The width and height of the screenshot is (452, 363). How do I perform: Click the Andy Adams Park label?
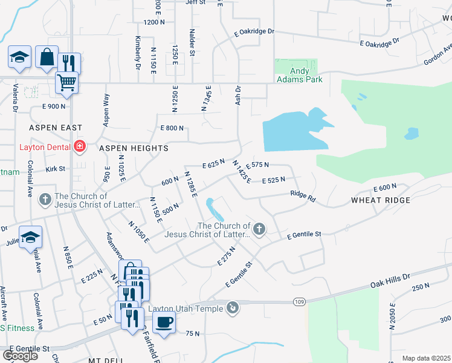(299, 74)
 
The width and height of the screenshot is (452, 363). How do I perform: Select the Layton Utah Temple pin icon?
(232, 309)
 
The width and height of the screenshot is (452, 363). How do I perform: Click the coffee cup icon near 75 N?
(163, 322)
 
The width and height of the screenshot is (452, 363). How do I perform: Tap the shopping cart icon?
(66, 82)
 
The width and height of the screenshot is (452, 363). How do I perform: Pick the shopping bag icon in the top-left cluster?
(47, 57)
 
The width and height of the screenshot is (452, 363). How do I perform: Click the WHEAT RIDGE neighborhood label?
(381, 200)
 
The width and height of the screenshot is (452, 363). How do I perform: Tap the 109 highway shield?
(300, 301)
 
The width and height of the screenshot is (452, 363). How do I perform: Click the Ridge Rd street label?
(303, 196)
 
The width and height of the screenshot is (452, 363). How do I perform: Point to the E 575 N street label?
(256, 165)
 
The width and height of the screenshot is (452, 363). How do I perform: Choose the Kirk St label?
(55, 169)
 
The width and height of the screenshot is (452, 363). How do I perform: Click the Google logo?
(20, 355)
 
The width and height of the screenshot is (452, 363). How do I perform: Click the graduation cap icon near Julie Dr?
(30, 238)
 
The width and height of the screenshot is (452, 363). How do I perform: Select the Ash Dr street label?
(238, 96)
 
